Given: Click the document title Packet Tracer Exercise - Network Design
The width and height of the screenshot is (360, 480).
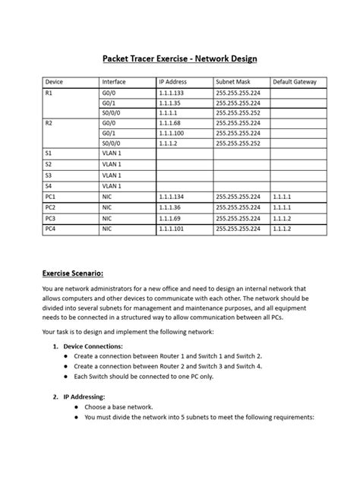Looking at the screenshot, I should (x=179, y=58).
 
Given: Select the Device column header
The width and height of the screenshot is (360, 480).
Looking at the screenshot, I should (x=55, y=81).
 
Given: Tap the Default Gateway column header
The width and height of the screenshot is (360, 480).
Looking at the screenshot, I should (x=295, y=81).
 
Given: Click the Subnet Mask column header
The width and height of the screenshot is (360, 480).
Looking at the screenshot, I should (x=234, y=81).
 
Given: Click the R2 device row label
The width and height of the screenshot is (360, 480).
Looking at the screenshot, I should (x=49, y=122).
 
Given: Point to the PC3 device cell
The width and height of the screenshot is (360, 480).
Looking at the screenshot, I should (x=51, y=217).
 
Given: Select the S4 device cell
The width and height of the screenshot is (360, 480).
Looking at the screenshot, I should (x=49, y=185).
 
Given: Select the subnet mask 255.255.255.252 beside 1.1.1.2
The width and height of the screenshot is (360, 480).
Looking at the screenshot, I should (x=238, y=143).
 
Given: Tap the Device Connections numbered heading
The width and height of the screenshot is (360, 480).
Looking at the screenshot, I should (x=98, y=346).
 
